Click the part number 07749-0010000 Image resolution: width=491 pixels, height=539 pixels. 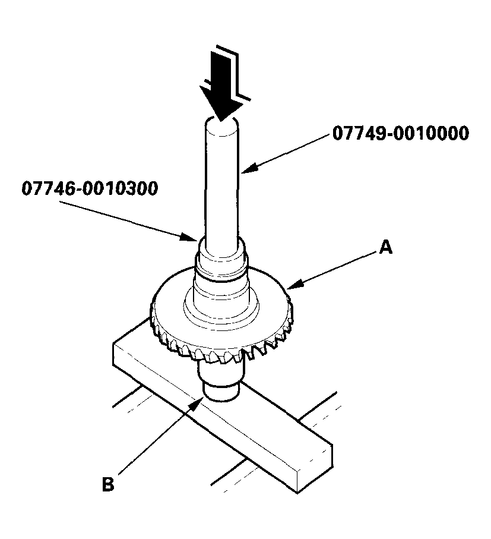tap(400, 133)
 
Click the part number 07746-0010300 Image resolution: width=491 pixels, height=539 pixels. tap(90, 189)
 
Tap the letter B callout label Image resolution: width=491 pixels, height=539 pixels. tap(107, 484)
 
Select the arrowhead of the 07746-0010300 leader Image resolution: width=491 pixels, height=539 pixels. tap(194, 238)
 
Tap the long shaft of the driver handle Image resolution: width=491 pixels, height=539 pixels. tap(222, 184)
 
